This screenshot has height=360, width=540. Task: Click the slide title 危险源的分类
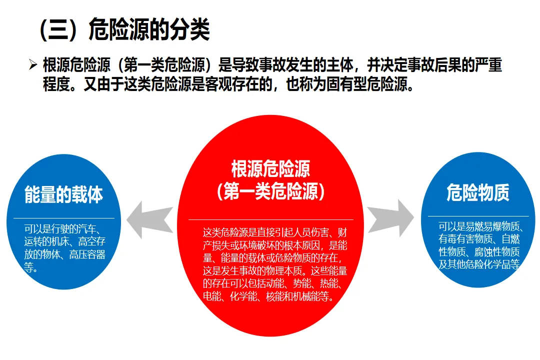click(x=148, y=30)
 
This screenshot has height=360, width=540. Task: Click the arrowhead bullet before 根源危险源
click(x=33, y=65)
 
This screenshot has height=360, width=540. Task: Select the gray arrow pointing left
click(x=149, y=219)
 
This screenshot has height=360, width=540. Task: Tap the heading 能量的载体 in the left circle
click(x=63, y=194)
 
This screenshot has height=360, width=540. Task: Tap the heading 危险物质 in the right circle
click(x=477, y=192)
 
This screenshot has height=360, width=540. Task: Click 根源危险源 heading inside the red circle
click(x=270, y=169)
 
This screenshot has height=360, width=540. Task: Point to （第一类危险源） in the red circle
click(x=270, y=191)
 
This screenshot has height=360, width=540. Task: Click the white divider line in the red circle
click(x=270, y=219)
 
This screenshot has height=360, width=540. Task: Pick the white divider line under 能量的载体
click(x=63, y=218)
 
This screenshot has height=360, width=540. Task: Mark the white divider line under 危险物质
click(x=477, y=216)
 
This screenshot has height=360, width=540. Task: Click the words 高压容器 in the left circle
click(x=87, y=255)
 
